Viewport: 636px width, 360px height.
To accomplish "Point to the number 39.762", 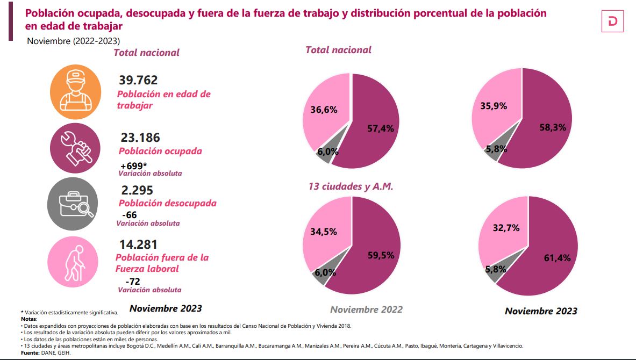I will [x=138, y=81].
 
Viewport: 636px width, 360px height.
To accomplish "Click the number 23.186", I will [x=140, y=138].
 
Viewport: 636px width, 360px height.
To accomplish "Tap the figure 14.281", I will [x=139, y=244].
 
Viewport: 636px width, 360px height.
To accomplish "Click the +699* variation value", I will [x=134, y=165].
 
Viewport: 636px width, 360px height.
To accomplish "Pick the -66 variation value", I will [x=130, y=215].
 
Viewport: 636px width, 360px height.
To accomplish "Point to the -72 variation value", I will [x=132, y=282].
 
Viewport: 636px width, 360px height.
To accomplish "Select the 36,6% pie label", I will [x=324, y=110].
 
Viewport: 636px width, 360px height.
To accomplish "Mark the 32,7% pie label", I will [x=506, y=228].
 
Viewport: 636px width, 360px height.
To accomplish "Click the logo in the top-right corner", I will [x=612, y=21].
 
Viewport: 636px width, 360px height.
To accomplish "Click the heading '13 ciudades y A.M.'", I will [x=351, y=187].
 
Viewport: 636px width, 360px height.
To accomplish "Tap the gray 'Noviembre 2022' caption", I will [x=366, y=309].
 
